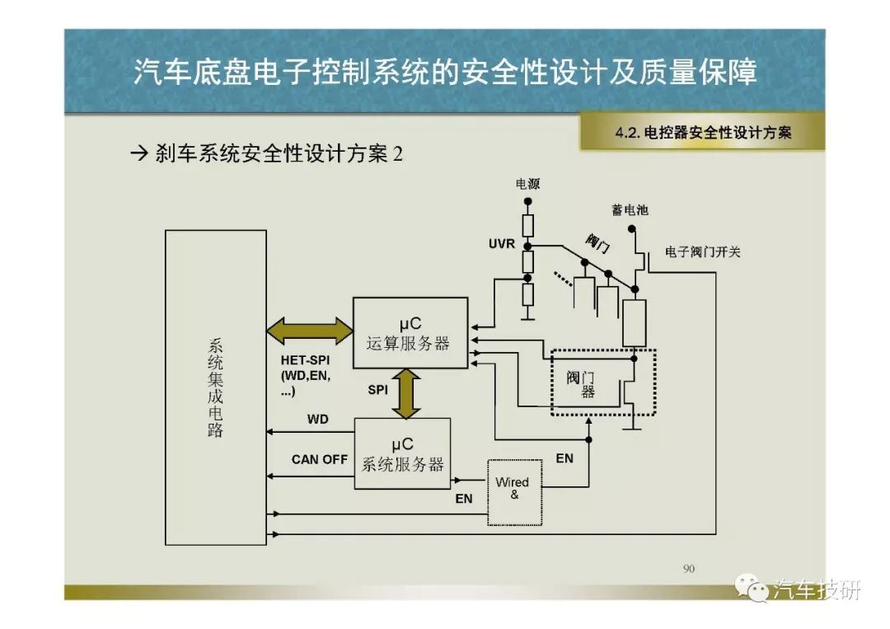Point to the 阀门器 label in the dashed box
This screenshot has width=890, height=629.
[581, 384]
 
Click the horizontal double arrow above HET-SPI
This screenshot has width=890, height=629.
[310, 331]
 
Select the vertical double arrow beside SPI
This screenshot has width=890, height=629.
[406, 393]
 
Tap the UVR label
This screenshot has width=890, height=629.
[502, 243]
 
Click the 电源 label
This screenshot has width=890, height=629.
[528, 184]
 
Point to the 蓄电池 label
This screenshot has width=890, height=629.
[630, 210]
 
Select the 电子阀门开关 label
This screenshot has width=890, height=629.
[703, 252]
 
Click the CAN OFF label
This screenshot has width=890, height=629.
[320, 459]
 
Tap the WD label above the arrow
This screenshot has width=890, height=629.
[318, 420]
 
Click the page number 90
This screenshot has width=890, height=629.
[688, 568]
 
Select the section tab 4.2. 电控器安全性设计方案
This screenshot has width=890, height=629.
[703, 132]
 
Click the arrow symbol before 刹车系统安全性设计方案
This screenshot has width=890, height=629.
[139, 153]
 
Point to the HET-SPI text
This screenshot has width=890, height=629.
[306, 360]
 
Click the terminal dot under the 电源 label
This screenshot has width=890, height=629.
[528, 201]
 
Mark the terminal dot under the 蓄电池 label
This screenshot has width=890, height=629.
[632, 229]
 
